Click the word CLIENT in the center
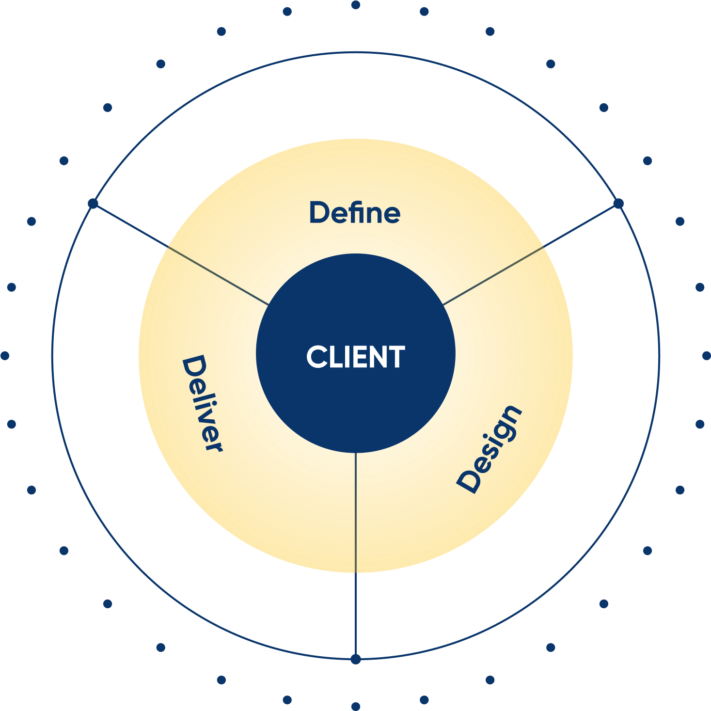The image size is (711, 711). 355,357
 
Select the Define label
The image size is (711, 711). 355,213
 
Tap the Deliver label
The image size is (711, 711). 202,403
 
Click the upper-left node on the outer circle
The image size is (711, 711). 93,204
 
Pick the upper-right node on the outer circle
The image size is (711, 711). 618,204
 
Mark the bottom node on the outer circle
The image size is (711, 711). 356,659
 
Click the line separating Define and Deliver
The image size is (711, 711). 218,276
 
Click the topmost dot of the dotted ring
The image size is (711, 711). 356,5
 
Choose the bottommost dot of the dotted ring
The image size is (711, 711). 356,706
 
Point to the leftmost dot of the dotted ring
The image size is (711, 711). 5,356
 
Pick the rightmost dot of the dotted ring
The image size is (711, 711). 706,356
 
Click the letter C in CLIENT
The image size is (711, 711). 316,357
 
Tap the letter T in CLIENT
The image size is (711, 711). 396,357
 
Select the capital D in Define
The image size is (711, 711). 318,213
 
